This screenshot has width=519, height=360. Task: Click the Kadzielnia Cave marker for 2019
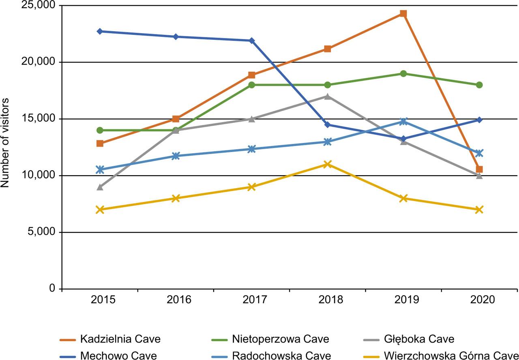[403, 13]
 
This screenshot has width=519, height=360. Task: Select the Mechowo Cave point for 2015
[100, 31]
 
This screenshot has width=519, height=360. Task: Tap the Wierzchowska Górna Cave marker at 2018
[327, 164]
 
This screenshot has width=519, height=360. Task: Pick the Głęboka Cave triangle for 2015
[100, 187]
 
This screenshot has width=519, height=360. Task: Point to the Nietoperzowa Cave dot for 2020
[479, 85]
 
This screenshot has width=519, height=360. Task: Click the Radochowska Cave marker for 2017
[251, 149]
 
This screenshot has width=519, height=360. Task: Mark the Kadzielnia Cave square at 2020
[479, 169]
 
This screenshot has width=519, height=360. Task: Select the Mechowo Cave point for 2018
[327, 124]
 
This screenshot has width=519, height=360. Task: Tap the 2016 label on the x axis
[176, 300]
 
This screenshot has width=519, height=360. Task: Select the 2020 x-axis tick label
[479, 300]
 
